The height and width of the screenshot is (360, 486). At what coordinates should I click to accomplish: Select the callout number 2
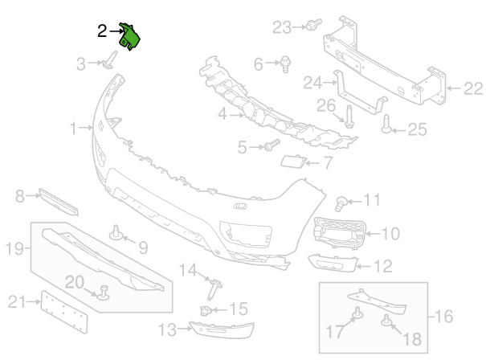tap(102, 31)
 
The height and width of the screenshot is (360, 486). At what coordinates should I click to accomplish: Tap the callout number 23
tap(282, 27)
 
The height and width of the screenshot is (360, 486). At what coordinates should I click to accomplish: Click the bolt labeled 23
tap(312, 25)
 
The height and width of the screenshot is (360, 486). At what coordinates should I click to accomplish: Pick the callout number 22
tap(472, 88)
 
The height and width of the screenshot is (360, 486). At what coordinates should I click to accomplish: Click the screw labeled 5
tap(271, 146)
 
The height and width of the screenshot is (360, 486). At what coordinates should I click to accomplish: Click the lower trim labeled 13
tap(221, 329)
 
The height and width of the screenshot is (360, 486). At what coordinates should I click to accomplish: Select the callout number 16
tap(444, 316)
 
